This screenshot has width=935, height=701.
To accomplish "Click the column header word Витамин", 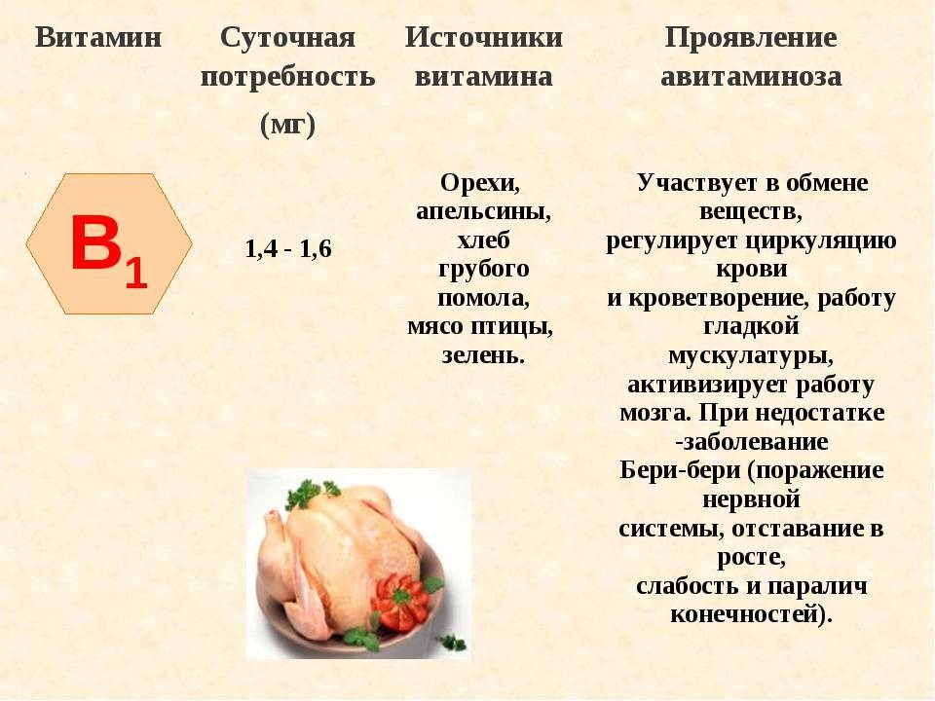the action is [x=98, y=38].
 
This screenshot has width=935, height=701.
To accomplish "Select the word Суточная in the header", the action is [x=287, y=39].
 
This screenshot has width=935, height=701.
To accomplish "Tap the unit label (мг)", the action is [x=287, y=125].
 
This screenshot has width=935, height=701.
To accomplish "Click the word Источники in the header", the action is [x=484, y=38].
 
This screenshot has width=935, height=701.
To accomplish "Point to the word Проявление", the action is [x=751, y=39].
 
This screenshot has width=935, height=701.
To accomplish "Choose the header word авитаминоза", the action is [x=751, y=77].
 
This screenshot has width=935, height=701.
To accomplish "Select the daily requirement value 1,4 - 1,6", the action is [x=288, y=248].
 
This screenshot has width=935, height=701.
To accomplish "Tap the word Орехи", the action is [x=480, y=183].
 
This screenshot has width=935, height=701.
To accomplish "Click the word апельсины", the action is [x=484, y=211].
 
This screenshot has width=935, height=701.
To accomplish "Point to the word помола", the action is [x=484, y=298].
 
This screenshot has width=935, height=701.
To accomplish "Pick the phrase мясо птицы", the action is [x=480, y=326].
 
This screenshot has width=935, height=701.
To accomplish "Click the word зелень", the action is [x=483, y=354].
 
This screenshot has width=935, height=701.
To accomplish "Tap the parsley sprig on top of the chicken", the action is [x=310, y=493].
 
